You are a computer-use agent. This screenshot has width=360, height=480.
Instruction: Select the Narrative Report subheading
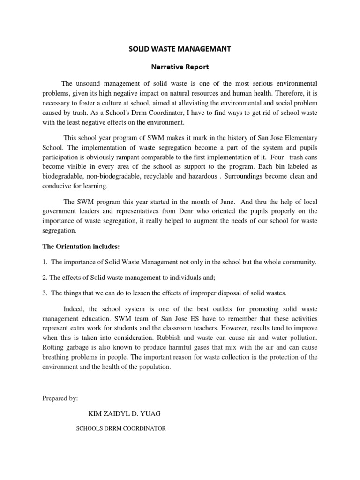coord(180,67)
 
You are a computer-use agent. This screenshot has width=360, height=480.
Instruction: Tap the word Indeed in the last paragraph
coord(73,308)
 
